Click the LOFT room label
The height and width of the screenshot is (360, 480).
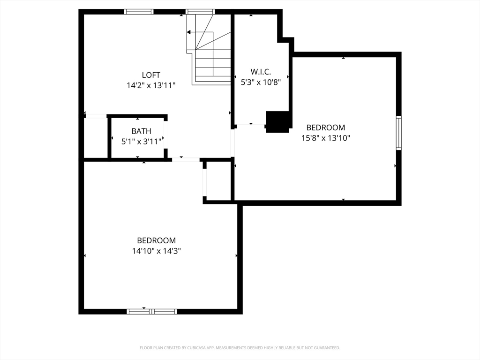151,75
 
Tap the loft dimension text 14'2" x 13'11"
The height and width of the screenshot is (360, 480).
151,85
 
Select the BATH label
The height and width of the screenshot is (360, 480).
141,131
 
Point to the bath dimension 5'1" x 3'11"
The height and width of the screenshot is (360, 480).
141,142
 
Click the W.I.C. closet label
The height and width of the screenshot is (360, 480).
261,72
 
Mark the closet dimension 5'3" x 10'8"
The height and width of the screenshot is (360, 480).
261,82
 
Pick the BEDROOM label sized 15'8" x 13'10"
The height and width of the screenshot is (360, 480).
325,127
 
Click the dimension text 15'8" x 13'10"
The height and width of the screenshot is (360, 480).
325,138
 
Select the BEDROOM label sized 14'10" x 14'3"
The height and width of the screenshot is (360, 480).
156,240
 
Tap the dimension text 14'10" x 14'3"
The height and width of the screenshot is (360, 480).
156,251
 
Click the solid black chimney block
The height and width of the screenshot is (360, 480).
277,122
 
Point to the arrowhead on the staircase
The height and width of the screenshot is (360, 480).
189,32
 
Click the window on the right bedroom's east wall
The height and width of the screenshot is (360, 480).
398,133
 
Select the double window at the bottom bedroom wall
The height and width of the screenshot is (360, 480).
152,312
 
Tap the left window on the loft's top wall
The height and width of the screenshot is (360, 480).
139,12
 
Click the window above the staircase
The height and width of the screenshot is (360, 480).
201,12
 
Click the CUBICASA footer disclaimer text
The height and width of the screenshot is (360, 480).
240,348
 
